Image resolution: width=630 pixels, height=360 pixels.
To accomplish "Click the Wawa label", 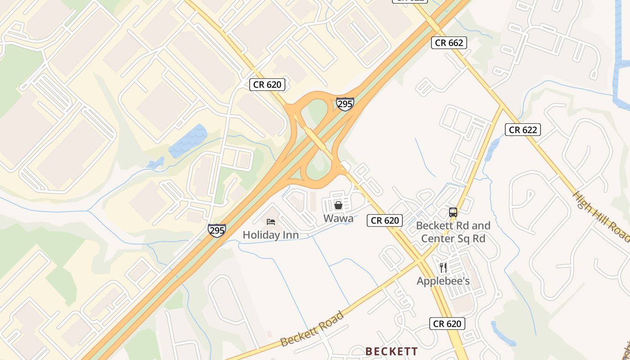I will pos(338,219).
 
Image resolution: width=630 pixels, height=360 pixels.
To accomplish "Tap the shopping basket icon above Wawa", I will pos(338,205).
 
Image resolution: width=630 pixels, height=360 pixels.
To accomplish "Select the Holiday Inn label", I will pos(270,234).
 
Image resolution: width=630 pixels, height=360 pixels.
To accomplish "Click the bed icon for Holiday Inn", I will pos(271,221).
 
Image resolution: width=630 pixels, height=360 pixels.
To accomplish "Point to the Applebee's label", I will pos(443,281).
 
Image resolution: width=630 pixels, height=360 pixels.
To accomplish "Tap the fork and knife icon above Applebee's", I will pos(443,268).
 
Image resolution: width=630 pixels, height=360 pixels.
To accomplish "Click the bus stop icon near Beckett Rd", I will pos(453,212).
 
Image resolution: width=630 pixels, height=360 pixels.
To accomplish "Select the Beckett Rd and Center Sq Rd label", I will pos(453,232).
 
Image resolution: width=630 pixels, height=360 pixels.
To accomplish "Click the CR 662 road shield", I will pos(449,43).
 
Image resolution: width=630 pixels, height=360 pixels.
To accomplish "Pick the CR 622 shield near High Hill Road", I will pos(522,130).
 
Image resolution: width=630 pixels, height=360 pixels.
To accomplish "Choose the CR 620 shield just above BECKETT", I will pos(447,324).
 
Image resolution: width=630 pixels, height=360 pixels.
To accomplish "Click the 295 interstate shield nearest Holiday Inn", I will pos(217,230).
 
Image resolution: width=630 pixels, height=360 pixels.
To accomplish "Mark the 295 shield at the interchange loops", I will pos(345,104).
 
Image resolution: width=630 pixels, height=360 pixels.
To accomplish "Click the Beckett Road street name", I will pos(312,329).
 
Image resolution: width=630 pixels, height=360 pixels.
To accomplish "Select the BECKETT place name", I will pos(391,351).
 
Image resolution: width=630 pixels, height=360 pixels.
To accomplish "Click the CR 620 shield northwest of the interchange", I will pos(267,84).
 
